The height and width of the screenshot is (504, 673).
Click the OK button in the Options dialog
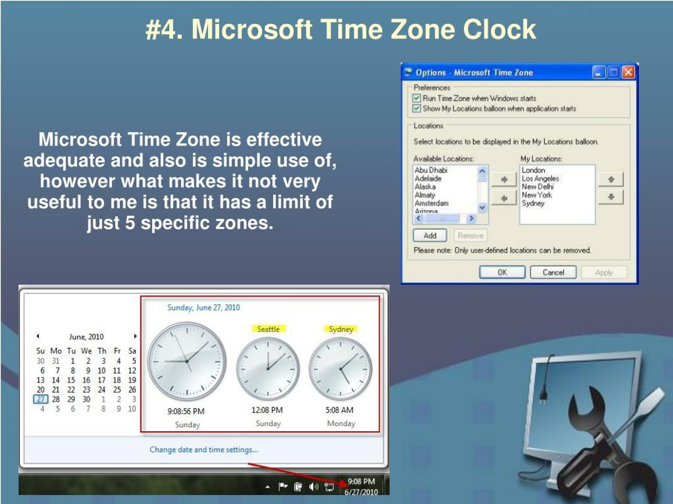click(x=502, y=272)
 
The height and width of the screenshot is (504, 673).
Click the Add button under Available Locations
click(x=430, y=236)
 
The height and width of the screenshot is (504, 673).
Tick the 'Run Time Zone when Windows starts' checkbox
click(x=416, y=98)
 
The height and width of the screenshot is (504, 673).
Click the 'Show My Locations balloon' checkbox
click(x=416, y=108)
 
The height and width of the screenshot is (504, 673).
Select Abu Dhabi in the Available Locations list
click(x=431, y=170)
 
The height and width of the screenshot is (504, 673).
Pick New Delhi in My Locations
click(x=538, y=187)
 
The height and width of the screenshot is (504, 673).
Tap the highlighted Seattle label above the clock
click(x=268, y=329)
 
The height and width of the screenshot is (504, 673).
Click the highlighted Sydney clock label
click(x=341, y=329)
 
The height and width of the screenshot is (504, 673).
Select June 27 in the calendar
click(x=40, y=399)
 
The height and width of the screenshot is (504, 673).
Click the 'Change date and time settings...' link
click(x=203, y=450)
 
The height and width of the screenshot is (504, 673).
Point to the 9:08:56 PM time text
click(x=186, y=411)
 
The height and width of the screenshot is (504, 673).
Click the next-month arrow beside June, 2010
click(x=135, y=336)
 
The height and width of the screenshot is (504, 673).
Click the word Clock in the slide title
click(x=499, y=29)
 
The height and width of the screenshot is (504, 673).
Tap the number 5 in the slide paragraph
click(x=130, y=222)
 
